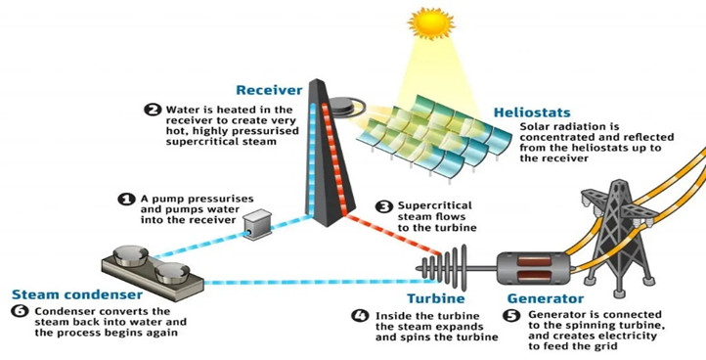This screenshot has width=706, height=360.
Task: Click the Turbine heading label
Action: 431,297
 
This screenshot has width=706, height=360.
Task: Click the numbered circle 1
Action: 125,198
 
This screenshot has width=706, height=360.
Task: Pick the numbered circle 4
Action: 360,316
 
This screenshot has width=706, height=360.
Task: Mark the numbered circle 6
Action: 20,311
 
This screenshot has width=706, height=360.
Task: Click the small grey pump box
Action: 257,225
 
